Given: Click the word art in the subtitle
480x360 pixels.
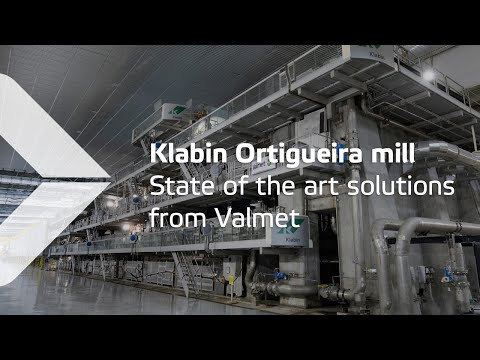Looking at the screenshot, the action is pos(323,186).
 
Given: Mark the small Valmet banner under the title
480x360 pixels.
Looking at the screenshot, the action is pos(263,167).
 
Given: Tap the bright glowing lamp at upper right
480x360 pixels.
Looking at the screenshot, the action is pos(429,76).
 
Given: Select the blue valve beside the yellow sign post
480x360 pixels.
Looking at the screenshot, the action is pos(280,276).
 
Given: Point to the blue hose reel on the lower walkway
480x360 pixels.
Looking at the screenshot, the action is pos(134,238).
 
